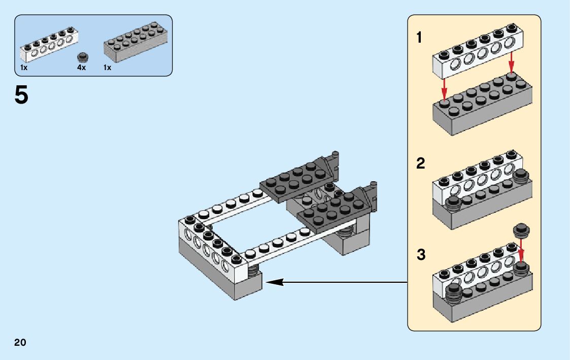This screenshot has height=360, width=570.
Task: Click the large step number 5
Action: click(x=21, y=95)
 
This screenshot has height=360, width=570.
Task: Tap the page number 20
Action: click(x=20, y=342)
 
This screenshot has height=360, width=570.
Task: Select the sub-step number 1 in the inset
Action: click(x=419, y=38)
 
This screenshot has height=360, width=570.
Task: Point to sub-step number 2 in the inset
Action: click(x=420, y=164)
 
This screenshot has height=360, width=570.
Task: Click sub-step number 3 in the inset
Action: click(x=421, y=254)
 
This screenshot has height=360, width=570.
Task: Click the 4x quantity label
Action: click(x=81, y=68)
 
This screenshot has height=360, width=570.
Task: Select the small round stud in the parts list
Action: click(x=82, y=56)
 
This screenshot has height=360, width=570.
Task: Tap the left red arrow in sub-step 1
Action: click(x=444, y=89)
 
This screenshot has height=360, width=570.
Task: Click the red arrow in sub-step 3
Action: click(x=521, y=252)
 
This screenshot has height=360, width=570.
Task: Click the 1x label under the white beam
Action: click(x=23, y=68)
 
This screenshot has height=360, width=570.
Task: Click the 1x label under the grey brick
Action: click(x=107, y=68)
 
